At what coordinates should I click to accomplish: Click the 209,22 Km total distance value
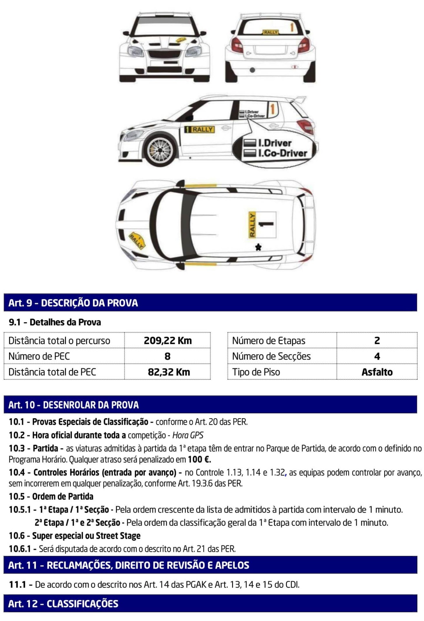coord(167,341)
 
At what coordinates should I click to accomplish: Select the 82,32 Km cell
coord(169,372)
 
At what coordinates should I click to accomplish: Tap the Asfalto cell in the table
coord(377,372)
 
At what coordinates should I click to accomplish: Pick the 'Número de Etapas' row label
coord(269,341)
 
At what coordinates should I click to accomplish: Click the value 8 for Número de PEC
coord(167,356)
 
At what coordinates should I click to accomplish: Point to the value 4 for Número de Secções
coord(377,356)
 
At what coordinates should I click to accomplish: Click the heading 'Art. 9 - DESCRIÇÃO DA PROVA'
coord(73,303)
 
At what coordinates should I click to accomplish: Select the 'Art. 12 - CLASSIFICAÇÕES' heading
coord(63,604)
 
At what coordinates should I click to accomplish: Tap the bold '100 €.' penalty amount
coord(199,459)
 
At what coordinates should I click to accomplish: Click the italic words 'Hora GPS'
coord(188,435)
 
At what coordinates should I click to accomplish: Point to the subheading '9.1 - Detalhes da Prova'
coord(55,322)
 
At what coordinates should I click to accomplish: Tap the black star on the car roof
coord(258,247)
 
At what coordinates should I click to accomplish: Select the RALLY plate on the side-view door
coord(199,129)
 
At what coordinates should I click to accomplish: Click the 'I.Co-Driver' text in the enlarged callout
coord(282,153)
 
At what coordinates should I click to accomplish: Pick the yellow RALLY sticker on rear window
coord(270,32)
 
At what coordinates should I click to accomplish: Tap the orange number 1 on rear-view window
coord(292,27)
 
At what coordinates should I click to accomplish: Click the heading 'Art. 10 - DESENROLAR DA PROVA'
coord(74,405)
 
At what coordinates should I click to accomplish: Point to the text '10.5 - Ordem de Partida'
coord(51,496)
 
